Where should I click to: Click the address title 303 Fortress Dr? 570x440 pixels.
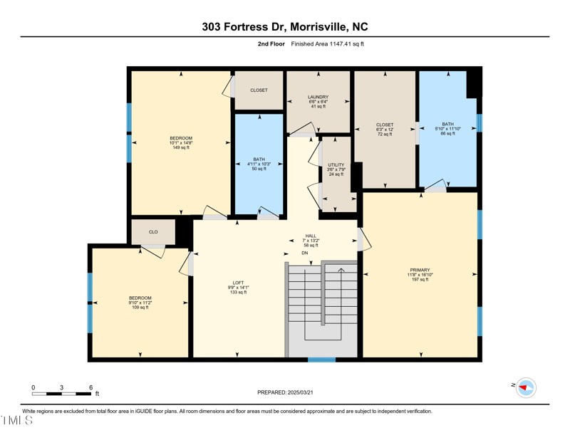(284, 27)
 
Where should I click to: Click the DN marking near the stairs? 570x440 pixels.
(304, 253)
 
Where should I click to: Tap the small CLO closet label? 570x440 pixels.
(153, 232)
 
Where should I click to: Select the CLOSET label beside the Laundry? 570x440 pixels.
(259, 90)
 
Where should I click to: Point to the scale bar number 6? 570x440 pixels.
(91, 387)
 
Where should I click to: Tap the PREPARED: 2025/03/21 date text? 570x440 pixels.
(284, 392)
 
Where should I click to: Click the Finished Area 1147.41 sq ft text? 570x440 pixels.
(328, 44)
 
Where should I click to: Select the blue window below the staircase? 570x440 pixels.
(321, 360)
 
